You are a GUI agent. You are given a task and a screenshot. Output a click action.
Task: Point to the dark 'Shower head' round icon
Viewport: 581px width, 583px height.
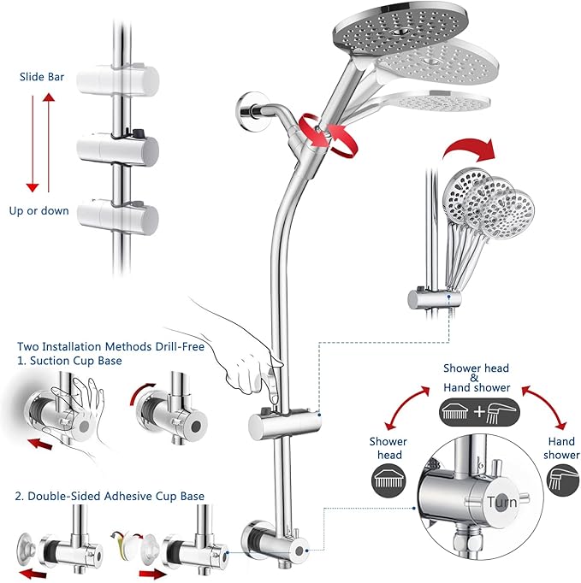(x=388, y=480)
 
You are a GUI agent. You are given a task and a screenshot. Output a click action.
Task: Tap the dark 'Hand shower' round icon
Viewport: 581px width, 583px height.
(x=560, y=480)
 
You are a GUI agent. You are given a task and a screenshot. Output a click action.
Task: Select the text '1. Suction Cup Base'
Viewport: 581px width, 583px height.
(x=69, y=361)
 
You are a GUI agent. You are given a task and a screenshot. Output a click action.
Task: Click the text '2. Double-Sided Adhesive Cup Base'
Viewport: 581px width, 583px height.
(x=109, y=496)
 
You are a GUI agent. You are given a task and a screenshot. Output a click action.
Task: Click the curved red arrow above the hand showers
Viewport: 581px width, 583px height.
(x=471, y=151)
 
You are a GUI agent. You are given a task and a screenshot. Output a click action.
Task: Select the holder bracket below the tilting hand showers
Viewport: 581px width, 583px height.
(x=433, y=298)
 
